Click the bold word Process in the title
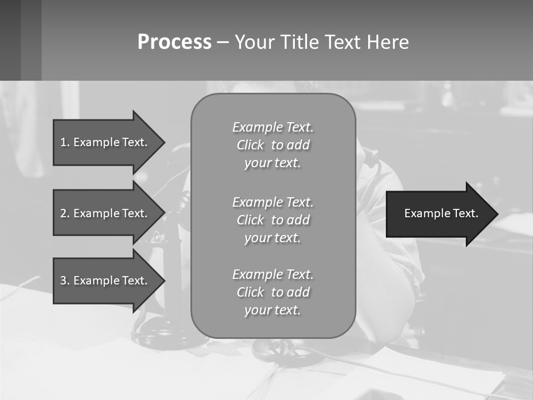click(x=174, y=42)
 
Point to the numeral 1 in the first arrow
click(x=63, y=142)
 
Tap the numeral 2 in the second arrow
click(x=63, y=213)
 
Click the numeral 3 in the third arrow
click(x=63, y=281)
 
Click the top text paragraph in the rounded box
click(x=273, y=145)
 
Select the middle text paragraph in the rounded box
click(x=273, y=219)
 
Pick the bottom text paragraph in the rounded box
click(x=273, y=292)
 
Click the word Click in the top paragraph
click(x=250, y=145)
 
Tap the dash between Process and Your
click(x=223, y=42)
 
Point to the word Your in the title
click(x=255, y=42)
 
